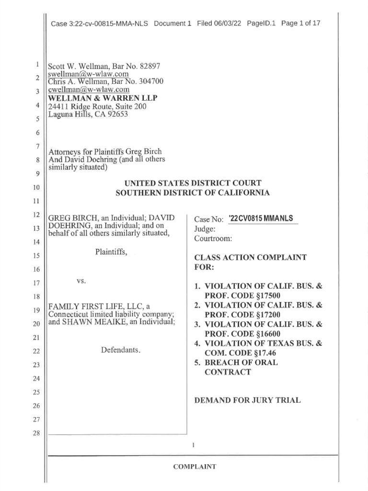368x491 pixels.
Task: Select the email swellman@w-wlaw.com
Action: click(88, 74)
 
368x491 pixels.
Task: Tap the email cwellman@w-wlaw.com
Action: click(89, 90)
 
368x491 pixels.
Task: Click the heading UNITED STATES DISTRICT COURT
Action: click(193, 183)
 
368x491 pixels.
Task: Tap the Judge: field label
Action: click(205, 229)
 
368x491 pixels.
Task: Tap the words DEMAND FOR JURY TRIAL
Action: click(247, 400)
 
